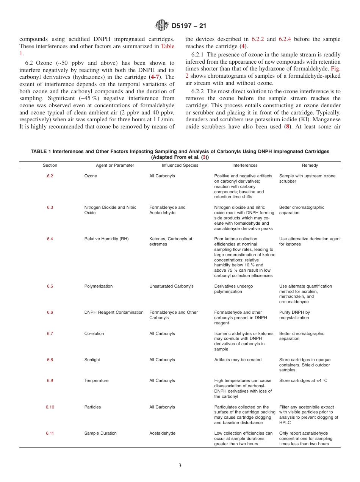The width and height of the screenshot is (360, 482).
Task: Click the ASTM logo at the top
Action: click(162, 26)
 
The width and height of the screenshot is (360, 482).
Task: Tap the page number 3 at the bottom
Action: click(180, 466)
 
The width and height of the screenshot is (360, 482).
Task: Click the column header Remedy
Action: click(310, 165)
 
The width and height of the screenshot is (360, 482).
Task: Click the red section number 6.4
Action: click(50, 239)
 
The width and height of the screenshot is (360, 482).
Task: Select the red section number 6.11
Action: click(50, 433)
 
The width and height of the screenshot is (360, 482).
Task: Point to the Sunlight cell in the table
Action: click(92, 360)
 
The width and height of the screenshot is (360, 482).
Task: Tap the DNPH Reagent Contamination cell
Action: click(114, 313)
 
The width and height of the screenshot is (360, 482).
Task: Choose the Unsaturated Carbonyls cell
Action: click(171, 286)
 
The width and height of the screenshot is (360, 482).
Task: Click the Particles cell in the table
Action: click(92, 407)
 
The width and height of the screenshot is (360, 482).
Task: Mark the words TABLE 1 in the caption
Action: click(41, 152)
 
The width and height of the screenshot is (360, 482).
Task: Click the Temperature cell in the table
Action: click(96, 381)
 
